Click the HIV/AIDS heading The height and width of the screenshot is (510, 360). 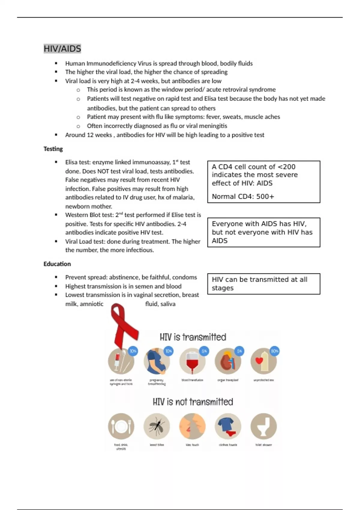click(62, 49)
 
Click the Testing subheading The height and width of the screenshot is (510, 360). click(53, 149)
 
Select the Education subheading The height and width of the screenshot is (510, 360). click(57, 264)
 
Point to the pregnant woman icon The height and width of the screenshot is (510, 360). click(156, 361)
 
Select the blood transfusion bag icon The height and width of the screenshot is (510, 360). click(192, 361)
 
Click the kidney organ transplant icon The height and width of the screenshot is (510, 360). click(227, 361)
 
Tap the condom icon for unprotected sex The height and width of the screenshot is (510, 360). click(263, 361)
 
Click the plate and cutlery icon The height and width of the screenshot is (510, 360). click(121, 426)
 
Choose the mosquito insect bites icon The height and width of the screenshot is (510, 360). click(156, 426)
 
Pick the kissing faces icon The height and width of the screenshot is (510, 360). click(192, 426)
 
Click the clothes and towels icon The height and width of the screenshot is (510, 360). click(228, 426)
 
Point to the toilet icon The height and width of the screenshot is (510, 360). click(263, 426)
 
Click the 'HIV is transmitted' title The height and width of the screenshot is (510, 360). click(193, 337)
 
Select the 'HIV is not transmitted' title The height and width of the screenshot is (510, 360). click(193, 402)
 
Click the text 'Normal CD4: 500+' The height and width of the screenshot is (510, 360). click(243, 196)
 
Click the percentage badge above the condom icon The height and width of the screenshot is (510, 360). click(274, 351)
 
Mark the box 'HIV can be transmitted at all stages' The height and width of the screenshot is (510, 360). click(263, 283)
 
